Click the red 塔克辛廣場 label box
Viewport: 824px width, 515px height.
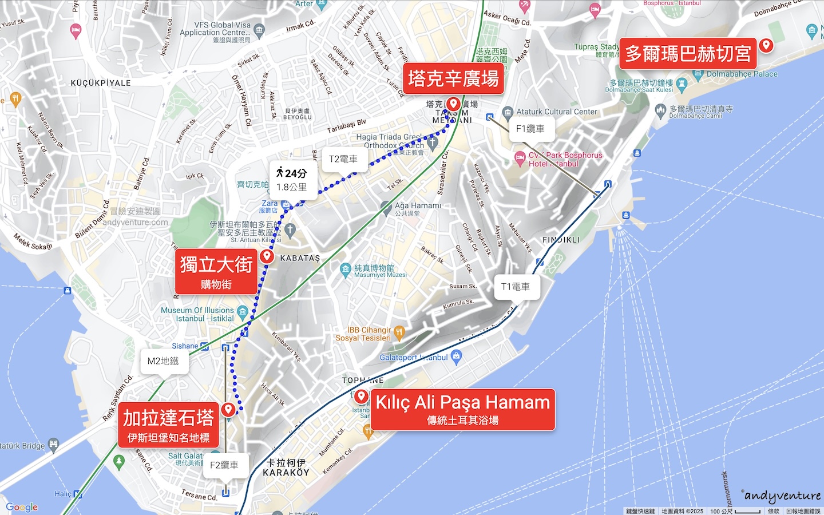click(x=453, y=79)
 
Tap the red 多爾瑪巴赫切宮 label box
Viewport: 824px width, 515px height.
click(x=688, y=54)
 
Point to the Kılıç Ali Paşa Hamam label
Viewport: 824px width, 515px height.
click(x=462, y=409)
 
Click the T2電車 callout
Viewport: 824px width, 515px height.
click(x=343, y=160)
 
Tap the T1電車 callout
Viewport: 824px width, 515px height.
click(x=516, y=287)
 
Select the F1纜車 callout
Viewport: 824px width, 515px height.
click(x=530, y=129)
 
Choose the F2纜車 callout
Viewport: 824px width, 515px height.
click(x=224, y=465)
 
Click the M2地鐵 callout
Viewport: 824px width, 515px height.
click(x=163, y=361)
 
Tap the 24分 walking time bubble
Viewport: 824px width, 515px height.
click(x=292, y=180)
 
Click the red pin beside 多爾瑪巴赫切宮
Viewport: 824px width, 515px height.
click(x=766, y=45)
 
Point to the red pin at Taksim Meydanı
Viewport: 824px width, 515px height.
click(x=454, y=104)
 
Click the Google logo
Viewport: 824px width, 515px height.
click(x=22, y=507)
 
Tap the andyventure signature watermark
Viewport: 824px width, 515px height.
click(x=783, y=496)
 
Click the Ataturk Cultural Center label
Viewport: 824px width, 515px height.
click(x=557, y=112)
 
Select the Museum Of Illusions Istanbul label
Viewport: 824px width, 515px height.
click(x=197, y=314)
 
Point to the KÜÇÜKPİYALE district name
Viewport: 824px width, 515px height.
click(x=101, y=83)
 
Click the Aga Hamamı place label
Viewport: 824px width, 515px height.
click(x=418, y=206)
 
